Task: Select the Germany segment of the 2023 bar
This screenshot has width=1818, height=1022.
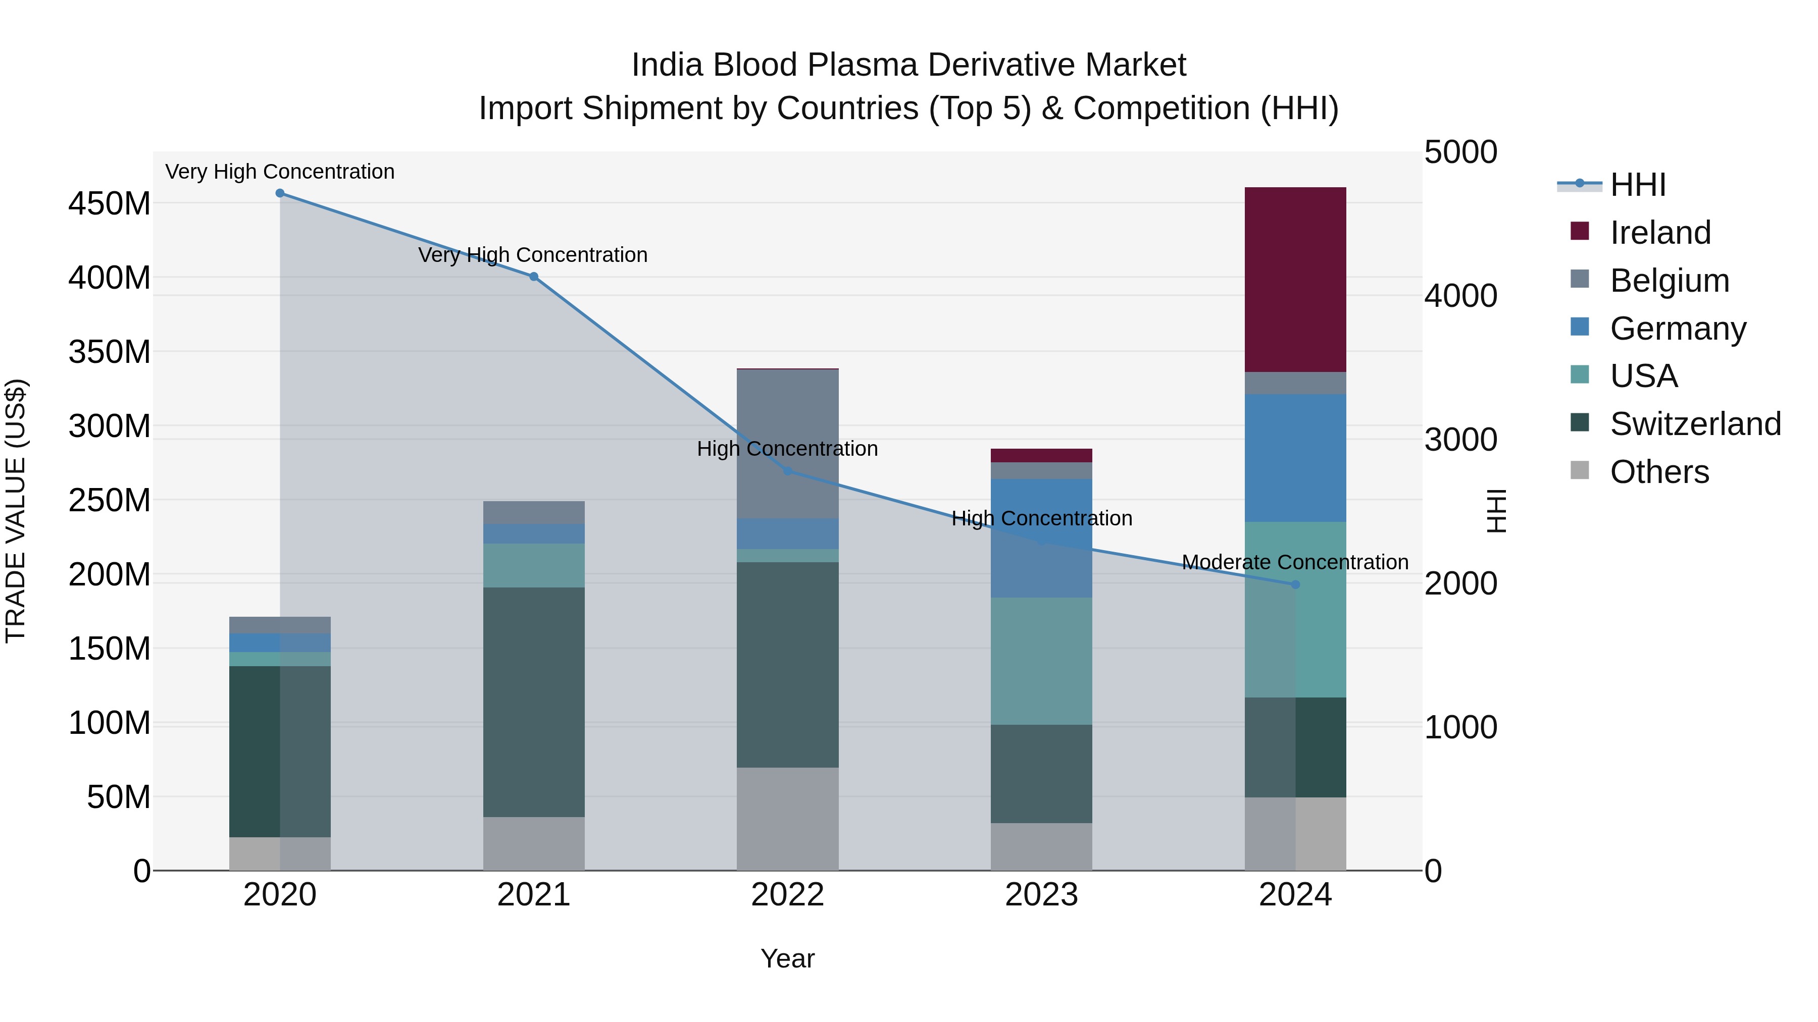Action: point(1042,537)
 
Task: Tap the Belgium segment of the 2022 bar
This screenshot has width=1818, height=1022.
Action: point(788,444)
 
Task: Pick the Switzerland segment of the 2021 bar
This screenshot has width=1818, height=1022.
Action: point(534,702)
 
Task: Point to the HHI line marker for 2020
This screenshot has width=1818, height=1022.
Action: point(280,193)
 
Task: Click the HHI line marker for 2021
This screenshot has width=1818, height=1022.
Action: point(534,277)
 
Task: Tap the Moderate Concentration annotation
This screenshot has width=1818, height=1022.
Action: point(1295,562)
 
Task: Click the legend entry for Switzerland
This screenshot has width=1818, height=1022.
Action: point(1695,424)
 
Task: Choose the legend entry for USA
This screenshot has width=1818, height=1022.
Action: point(1644,376)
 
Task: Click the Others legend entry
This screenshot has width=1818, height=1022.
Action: point(1659,472)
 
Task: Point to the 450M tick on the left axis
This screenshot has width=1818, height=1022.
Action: point(110,204)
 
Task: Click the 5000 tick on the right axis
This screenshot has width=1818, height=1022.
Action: point(1460,152)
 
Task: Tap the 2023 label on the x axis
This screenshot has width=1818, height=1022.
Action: point(1042,895)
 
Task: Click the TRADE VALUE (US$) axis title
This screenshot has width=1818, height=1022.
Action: point(16,511)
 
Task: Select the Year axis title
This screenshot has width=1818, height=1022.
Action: point(788,958)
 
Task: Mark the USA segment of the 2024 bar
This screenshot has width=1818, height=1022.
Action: point(1295,609)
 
